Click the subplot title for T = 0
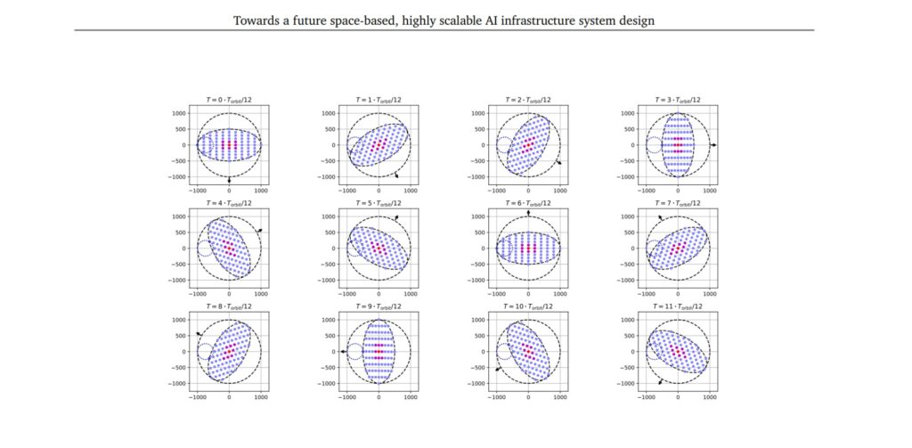click(229, 101)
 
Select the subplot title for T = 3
click(679, 101)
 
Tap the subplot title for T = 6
click(528, 203)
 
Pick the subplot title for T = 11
click(679, 306)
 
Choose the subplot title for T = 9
click(379, 306)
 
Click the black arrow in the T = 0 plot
click(229, 180)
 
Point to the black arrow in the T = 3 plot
click(714, 144)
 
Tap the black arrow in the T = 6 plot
click(528, 213)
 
